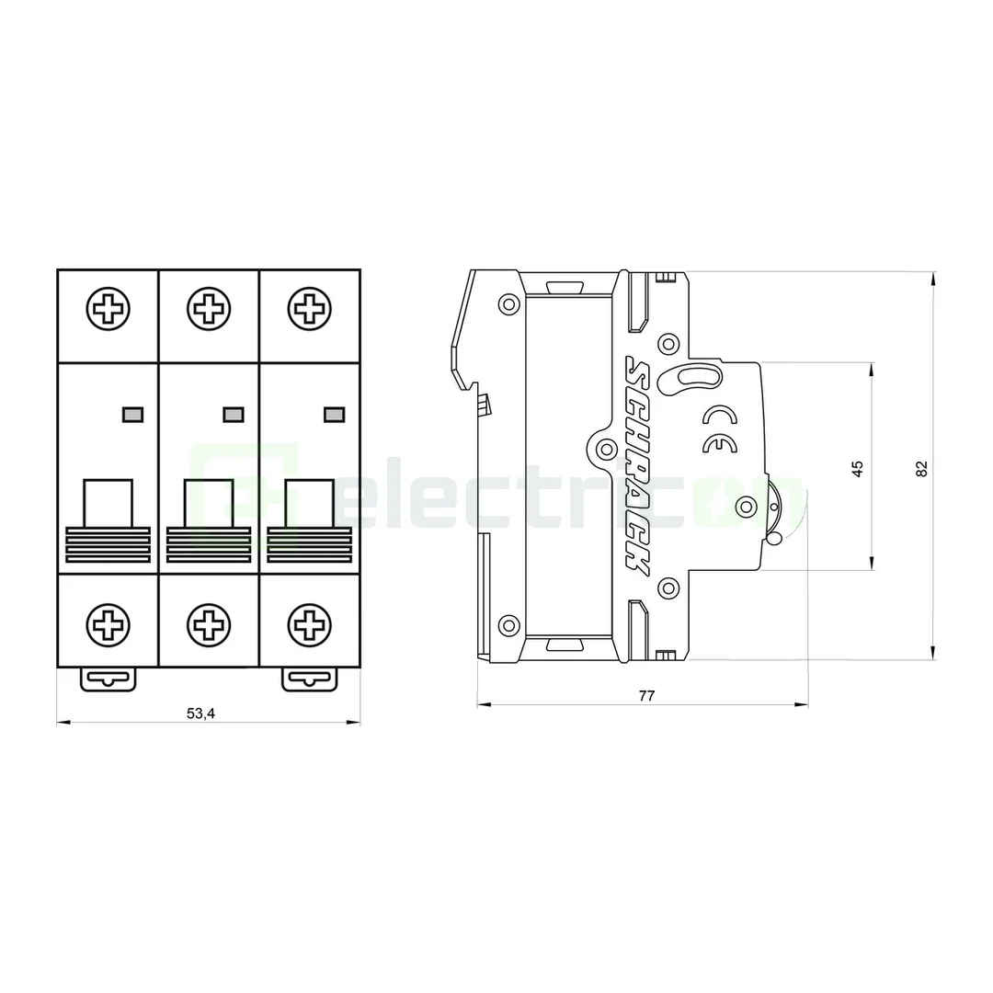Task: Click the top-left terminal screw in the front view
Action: click(x=108, y=307)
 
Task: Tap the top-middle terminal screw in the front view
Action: click(x=210, y=307)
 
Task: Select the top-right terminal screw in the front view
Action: click(x=310, y=307)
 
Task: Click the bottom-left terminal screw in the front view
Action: click(x=108, y=626)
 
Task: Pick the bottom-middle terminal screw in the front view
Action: click(x=210, y=626)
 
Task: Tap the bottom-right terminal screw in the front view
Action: click(x=310, y=626)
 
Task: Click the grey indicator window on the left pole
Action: click(x=132, y=415)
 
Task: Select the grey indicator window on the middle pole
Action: click(x=234, y=415)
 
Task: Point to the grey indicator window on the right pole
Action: click(x=334, y=415)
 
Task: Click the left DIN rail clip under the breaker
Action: click(x=108, y=679)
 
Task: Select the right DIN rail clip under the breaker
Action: click(x=309, y=679)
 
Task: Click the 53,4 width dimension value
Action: click(x=200, y=713)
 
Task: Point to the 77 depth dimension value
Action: click(x=646, y=696)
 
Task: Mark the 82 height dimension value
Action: click(x=922, y=467)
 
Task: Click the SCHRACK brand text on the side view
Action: click(x=636, y=465)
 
